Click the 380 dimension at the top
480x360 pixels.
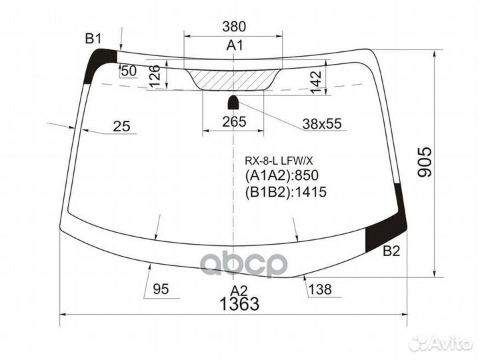234,27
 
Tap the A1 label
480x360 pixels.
234,45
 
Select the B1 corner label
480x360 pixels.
92,38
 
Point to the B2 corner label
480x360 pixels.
391,251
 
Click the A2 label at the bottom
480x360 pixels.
239,290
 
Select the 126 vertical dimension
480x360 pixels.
154,76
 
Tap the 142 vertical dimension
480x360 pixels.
316,78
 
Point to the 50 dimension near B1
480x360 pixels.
129,71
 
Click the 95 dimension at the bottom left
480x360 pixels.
160,289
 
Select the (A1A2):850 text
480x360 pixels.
282,176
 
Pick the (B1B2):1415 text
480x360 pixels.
289,193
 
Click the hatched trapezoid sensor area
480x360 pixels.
233,79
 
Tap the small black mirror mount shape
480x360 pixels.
234,102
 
